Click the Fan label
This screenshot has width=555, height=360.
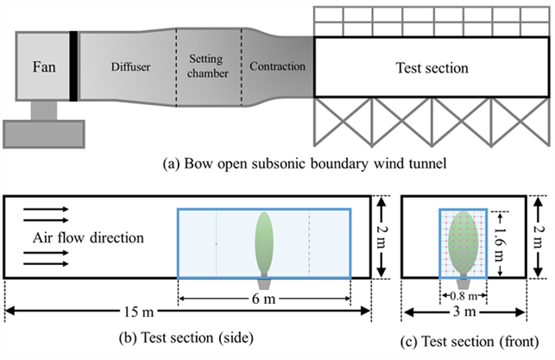(44, 66)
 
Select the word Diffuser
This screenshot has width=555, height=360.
(130, 66)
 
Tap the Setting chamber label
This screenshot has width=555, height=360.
(208, 66)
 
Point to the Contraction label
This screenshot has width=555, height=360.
(278, 66)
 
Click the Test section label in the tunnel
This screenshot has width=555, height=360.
(432, 67)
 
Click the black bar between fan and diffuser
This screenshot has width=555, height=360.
(73, 66)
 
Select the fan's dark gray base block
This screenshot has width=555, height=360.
(44, 134)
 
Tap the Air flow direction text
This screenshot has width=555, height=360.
(88, 237)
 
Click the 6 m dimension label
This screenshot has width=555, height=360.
(264, 299)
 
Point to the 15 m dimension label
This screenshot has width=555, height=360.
(139, 312)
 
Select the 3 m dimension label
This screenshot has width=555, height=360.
(464, 312)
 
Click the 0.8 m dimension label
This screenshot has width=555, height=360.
(463, 296)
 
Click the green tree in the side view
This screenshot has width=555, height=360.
(264, 243)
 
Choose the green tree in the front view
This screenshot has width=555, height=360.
(464, 243)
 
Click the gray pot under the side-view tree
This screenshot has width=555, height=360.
(264, 282)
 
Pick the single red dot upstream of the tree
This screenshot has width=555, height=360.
(217, 244)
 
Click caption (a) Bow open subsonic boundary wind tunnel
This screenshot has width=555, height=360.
(305, 163)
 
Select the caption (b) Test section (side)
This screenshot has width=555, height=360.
(186, 338)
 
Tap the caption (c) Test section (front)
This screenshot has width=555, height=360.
(470, 342)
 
